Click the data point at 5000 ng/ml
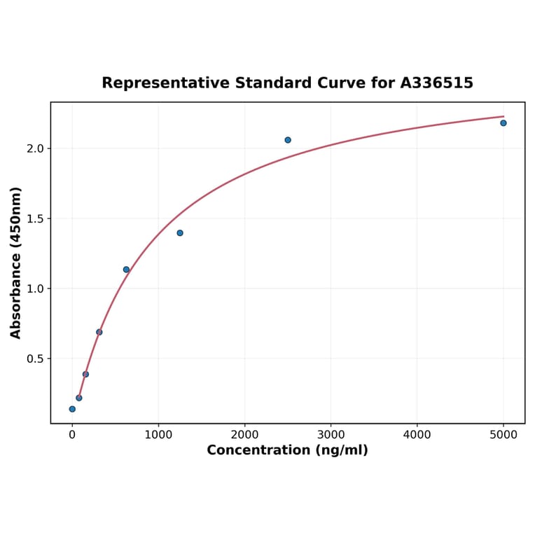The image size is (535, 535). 503,123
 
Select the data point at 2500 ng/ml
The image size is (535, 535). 288,140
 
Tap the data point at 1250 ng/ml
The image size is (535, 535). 180,233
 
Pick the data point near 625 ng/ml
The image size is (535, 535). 126,270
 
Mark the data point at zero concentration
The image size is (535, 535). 72,409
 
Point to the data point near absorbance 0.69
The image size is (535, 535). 99,332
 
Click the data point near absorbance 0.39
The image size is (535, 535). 85,374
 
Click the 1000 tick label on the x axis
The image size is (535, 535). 158,435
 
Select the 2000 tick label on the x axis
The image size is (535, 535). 244,435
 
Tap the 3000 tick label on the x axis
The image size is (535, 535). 331,435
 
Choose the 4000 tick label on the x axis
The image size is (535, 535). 417,435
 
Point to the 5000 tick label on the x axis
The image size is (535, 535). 503,435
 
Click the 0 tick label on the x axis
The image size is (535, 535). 72,435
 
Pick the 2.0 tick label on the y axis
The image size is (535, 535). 36,148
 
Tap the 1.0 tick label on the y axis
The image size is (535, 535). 36,289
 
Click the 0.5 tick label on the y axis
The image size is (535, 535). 36,359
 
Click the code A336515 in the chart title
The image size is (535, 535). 436,83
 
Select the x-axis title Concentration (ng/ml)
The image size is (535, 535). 287,450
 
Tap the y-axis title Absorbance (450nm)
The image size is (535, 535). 15,263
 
